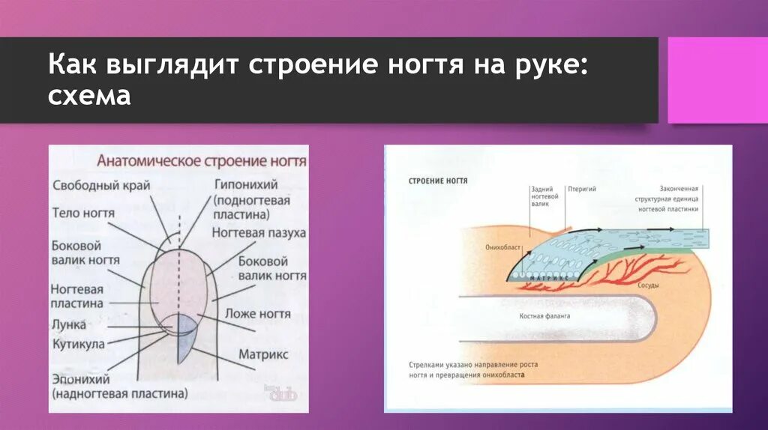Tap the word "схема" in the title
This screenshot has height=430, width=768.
[x=90, y=97]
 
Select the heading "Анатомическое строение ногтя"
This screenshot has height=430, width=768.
[x=202, y=161]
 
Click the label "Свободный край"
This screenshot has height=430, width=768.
[x=102, y=185]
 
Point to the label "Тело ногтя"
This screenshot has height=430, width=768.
[x=83, y=214]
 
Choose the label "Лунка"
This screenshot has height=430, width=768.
[x=69, y=326]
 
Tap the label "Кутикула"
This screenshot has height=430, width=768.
[x=79, y=345]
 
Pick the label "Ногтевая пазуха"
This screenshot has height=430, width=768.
[x=259, y=233]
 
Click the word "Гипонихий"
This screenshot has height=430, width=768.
[x=246, y=184]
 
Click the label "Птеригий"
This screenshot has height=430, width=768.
[x=582, y=190]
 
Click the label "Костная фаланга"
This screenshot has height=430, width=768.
[x=545, y=316]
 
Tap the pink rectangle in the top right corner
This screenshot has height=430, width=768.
[x=717, y=81]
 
